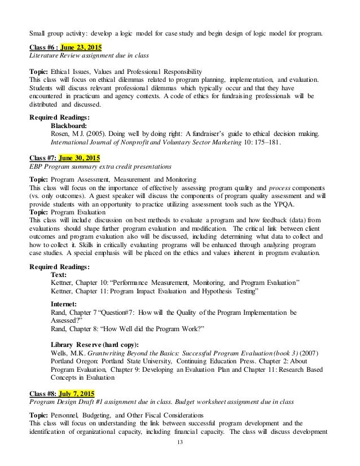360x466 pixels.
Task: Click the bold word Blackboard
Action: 71,125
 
